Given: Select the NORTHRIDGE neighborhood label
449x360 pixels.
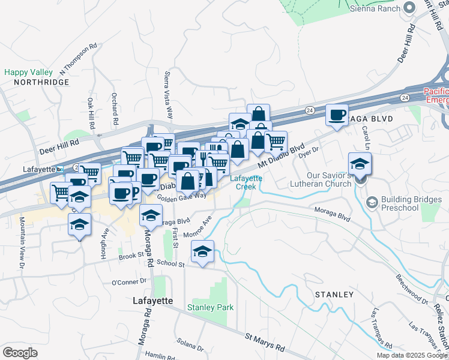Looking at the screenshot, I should [41, 82].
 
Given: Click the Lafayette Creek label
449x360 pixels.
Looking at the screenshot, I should [246, 182].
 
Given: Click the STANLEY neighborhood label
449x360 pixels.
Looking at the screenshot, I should [334, 295].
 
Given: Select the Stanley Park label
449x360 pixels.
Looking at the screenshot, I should [210, 308].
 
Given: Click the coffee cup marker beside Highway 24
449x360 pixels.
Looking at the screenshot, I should [337, 115].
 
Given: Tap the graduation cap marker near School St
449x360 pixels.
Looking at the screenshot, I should [203, 252].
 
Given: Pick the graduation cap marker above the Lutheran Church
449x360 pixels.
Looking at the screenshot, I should [360, 163].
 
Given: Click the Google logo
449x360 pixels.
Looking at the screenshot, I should [20, 353].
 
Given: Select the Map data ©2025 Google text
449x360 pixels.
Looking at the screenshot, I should [412, 355].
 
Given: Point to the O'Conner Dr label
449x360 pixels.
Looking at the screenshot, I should [129, 281].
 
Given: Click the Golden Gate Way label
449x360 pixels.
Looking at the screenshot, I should [181, 196].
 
